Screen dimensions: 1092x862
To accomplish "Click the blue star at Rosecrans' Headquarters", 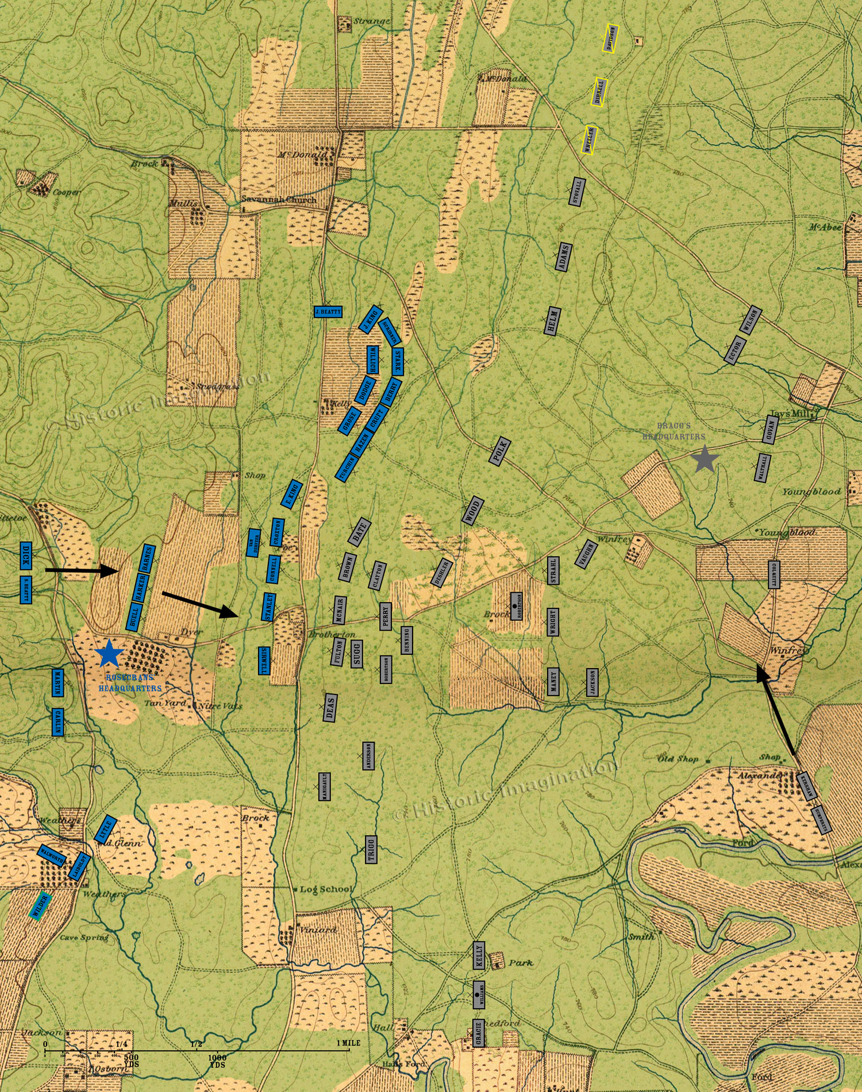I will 110,653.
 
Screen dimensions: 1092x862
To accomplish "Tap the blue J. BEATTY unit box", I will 328,312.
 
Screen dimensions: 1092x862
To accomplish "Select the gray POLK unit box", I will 500,452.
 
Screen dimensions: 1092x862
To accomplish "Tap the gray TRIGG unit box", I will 371,849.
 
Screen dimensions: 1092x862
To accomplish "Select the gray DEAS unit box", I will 330,707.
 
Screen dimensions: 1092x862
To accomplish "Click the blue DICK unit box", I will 25,555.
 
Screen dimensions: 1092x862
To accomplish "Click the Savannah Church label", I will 278,200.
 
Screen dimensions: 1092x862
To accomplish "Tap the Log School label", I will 326,889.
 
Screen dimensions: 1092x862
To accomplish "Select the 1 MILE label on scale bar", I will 348,1043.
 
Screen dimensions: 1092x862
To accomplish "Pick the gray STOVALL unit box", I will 578,192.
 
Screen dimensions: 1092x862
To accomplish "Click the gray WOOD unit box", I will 472,510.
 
